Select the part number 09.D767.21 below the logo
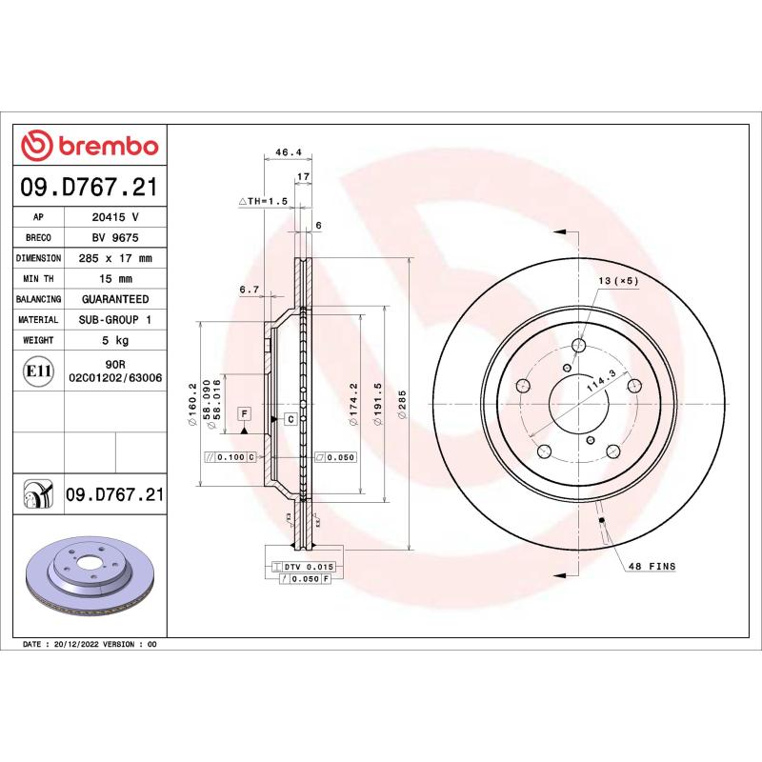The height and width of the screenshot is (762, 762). point(90,188)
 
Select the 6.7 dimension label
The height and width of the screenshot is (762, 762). point(250,290)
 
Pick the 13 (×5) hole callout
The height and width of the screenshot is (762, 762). point(618,281)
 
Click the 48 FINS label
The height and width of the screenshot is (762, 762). point(651,567)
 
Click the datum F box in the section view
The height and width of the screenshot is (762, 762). point(245,412)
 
